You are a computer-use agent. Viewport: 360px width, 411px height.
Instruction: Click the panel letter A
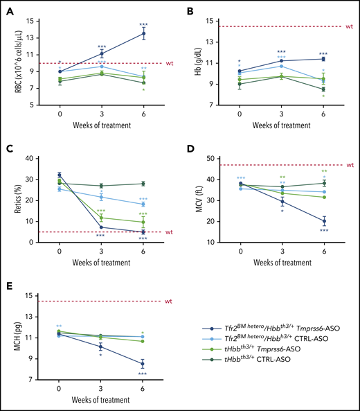[9, 12]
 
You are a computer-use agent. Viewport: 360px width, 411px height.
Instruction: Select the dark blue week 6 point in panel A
[143, 33]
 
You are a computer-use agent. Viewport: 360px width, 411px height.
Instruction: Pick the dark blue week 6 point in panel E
[143, 364]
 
